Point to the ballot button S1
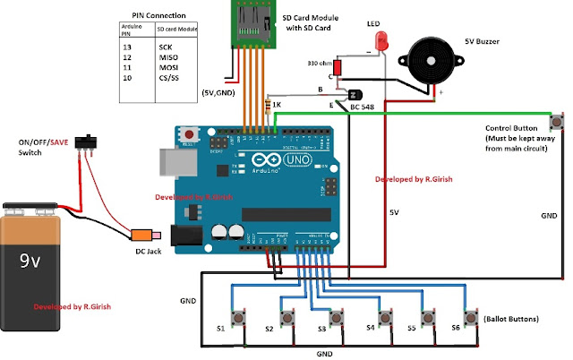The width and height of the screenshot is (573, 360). point(240,317)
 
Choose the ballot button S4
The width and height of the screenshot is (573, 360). point(386,317)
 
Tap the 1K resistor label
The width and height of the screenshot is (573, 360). point(278,105)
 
